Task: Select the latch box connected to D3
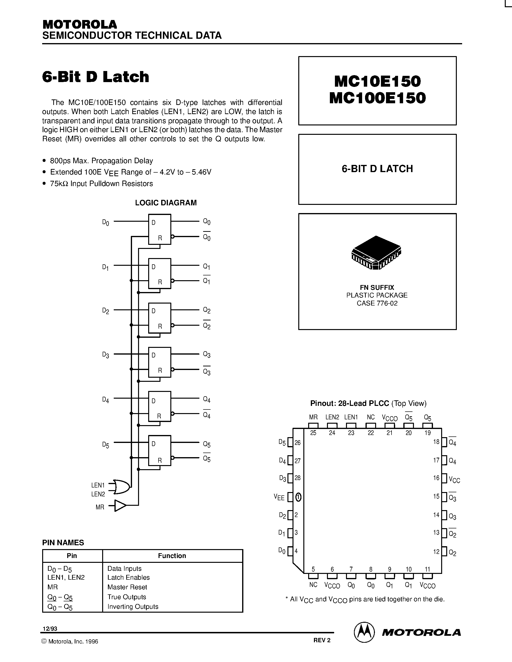pos(160,362)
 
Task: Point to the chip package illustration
pos(376,253)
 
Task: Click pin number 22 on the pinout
pos(371,433)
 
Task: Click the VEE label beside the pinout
pos(279,497)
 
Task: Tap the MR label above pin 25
pos(313,417)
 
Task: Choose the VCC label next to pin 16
pos(454,480)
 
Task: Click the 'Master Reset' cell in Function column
pos(127,587)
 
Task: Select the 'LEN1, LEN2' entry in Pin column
pos(66,578)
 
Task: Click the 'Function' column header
pos(172,556)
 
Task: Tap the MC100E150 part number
pos(377,98)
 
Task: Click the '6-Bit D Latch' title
pos(96,77)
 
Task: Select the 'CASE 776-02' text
pos(377,303)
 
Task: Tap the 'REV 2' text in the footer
pos(322,640)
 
